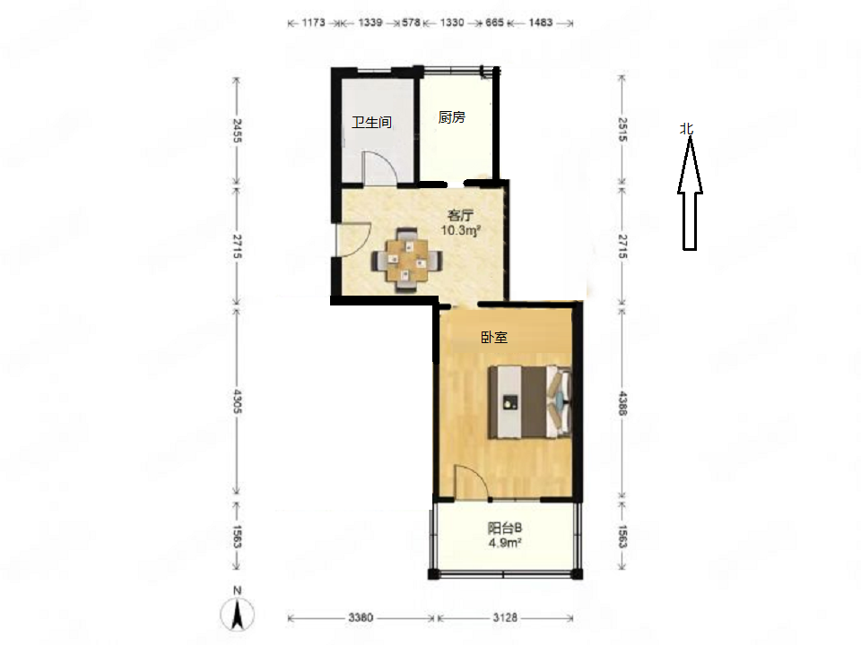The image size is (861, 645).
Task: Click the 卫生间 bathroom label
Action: point(371,123)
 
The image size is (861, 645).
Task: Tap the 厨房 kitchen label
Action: point(452,116)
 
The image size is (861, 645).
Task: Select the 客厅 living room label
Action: point(461,216)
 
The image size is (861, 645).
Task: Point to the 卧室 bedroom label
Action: point(494,338)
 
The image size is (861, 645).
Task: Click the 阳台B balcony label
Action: point(505,529)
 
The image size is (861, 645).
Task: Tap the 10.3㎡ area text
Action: point(461,230)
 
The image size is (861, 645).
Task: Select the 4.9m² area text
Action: point(505,543)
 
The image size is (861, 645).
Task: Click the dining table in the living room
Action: point(406,260)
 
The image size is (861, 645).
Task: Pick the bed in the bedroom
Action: point(530,402)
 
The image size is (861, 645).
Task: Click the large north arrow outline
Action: point(690,193)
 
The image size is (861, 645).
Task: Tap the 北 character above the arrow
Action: point(686,129)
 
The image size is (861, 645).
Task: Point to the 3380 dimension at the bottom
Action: point(361,617)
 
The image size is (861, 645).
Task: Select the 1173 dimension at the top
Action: point(314,22)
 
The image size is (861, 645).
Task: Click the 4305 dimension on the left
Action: point(237,401)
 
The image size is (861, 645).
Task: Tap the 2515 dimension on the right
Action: point(622,129)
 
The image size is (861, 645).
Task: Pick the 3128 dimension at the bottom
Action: point(505,617)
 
